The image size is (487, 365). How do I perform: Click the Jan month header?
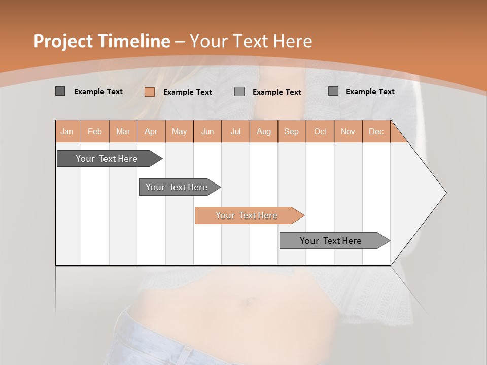[x=67, y=131]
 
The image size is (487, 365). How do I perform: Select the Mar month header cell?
[x=123, y=131]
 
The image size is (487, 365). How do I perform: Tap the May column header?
[x=179, y=131]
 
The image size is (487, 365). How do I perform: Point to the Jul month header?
[x=235, y=131]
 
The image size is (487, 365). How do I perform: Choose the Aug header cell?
[x=263, y=131]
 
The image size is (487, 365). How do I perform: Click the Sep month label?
[x=291, y=131]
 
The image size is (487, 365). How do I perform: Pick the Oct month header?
[x=320, y=131]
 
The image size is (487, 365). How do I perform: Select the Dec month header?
[x=376, y=131]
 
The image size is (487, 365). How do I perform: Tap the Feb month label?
[x=95, y=131]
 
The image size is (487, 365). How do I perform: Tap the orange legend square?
[x=149, y=92]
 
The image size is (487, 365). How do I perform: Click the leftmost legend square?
[x=60, y=91]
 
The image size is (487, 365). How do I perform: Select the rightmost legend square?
[x=333, y=91]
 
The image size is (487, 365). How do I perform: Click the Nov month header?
[x=348, y=131]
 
